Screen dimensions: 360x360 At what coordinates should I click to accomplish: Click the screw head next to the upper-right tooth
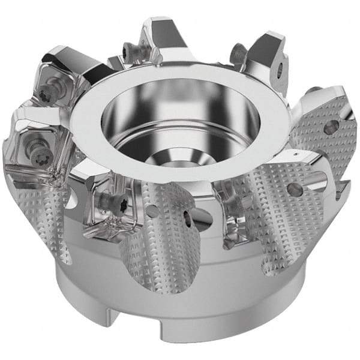click(x=239, y=53)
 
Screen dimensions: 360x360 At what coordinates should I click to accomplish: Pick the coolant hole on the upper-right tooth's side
click(x=280, y=70)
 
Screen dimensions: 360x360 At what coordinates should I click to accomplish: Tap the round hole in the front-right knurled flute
click(x=295, y=190)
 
